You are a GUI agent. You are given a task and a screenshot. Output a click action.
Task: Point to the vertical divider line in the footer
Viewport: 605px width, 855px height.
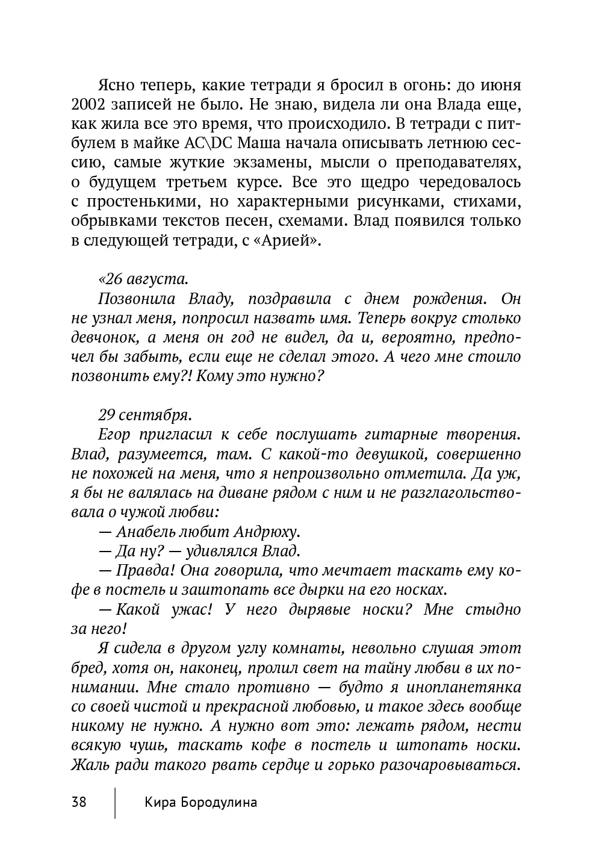[115, 801]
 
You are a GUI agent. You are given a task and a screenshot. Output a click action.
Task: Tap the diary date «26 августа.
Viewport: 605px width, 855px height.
[143, 279]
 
